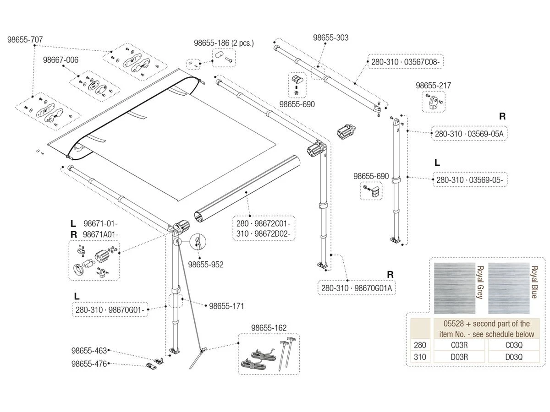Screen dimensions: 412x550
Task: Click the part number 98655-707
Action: pos(25,40)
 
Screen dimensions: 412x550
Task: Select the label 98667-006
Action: pos(61,60)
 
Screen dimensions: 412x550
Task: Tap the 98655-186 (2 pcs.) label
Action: pos(224,43)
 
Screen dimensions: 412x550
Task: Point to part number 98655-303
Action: pos(331,38)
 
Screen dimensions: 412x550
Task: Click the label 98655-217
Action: pos(433,85)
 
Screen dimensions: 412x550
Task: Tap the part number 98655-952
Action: pos(206,265)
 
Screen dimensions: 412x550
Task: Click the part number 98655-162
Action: pos(269,328)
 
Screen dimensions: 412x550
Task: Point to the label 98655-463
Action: pos(89,351)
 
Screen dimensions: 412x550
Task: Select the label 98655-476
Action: pos(89,364)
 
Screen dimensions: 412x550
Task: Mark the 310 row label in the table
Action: pos(420,357)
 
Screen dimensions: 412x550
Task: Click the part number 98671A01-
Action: pos(100,234)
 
